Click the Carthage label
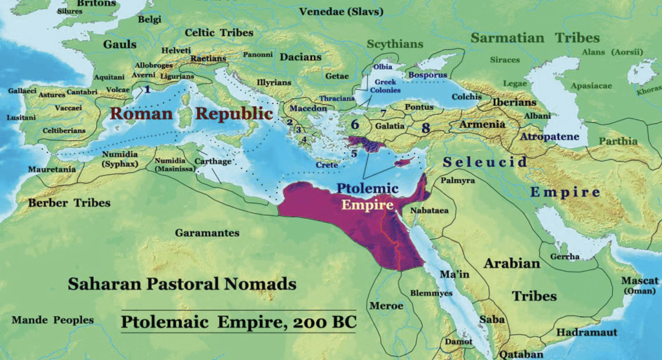(213, 161)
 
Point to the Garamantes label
(208, 233)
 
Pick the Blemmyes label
(433, 293)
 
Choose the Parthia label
(618, 141)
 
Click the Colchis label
(467, 97)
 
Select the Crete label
(328, 165)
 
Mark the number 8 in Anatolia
(425, 128)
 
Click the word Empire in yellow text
(368, 206)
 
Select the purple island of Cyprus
(405, 162)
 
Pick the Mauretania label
(51, 169)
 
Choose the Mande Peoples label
(52, 320)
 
